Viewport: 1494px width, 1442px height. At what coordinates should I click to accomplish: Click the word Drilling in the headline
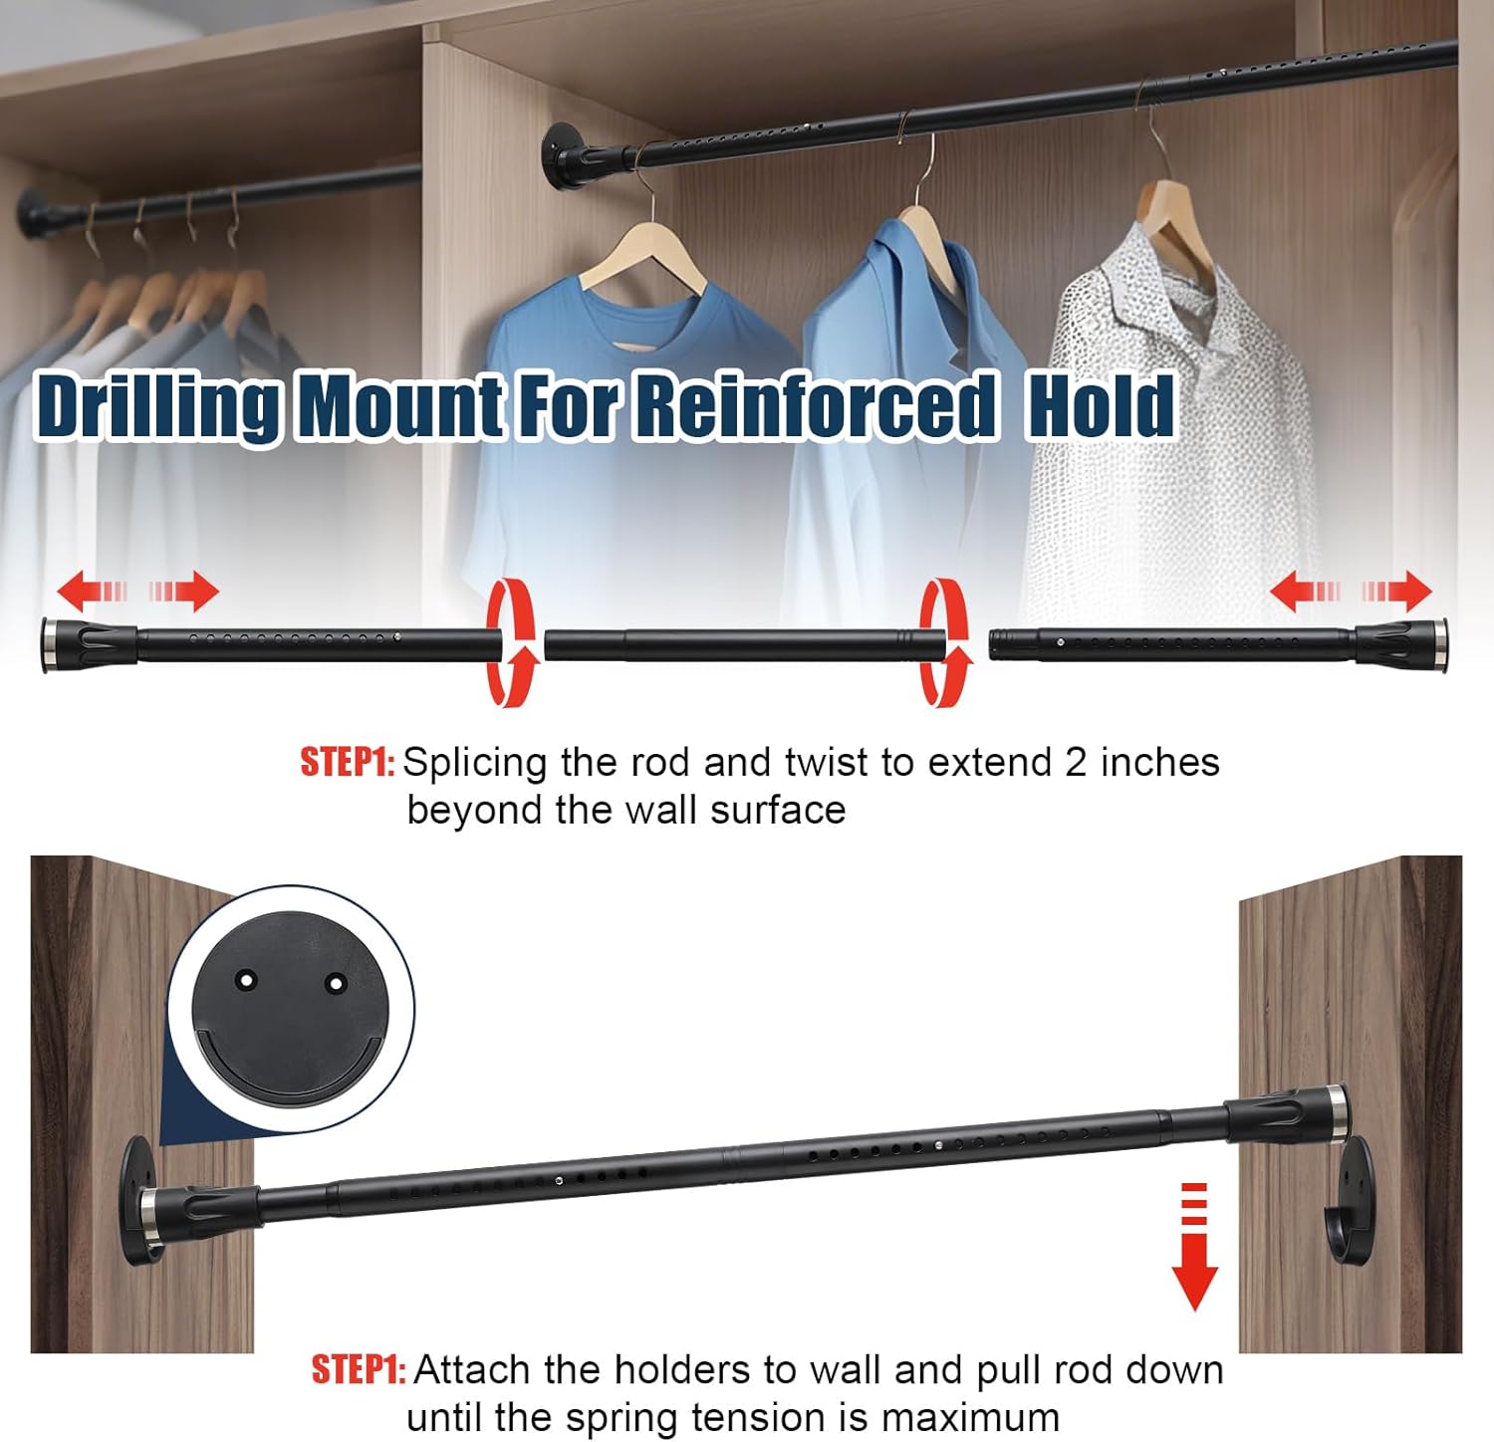[x=157, y=405]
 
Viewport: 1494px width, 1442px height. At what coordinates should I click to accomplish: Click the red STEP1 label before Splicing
[x=348, y=763]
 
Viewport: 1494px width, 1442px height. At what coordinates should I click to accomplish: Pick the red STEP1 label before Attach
[x=359, y=1370]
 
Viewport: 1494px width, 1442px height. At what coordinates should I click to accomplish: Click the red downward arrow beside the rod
[x=1194, y=1247]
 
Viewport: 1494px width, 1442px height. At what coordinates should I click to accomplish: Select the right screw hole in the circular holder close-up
[x=337, y=984]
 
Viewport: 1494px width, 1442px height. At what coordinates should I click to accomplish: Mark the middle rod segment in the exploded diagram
[x=744, y=644]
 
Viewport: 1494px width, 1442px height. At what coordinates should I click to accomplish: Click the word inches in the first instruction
[x=1160, y=763]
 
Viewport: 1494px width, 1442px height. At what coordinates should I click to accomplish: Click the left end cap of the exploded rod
[x=89, y=643]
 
